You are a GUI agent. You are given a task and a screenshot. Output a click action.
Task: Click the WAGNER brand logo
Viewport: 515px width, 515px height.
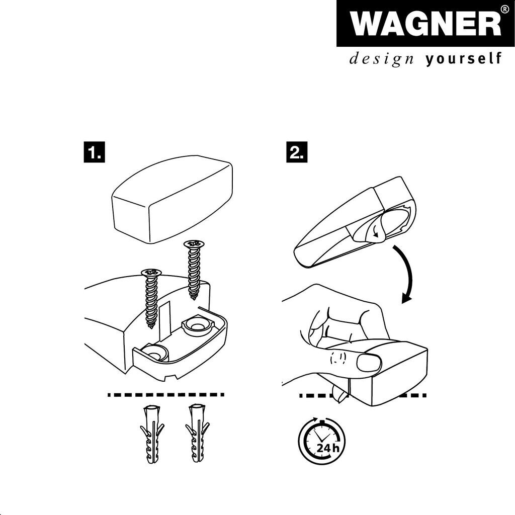tap(425, 23)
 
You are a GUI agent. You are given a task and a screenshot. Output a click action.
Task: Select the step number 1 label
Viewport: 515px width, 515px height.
tap(94, 152)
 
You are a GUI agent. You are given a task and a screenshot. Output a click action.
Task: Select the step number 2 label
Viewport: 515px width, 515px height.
tap(297, 152)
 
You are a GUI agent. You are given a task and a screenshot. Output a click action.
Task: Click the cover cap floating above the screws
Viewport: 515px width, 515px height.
tap(173, 199)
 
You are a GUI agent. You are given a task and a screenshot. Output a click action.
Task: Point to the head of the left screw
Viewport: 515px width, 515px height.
tap(151, 272)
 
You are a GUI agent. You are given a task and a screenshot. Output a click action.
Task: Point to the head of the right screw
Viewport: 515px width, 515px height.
tap(194, 244)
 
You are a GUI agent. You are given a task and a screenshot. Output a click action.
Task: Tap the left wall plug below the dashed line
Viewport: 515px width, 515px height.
tap(152, 434)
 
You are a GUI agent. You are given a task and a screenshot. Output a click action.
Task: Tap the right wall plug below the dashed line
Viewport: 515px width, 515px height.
tap(197, 434)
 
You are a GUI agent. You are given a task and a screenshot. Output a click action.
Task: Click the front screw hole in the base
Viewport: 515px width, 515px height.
tap(154, 353)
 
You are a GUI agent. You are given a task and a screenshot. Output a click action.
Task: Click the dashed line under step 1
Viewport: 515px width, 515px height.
tap(166, 394)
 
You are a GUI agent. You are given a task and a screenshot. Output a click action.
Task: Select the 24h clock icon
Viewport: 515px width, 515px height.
tap(321, 441)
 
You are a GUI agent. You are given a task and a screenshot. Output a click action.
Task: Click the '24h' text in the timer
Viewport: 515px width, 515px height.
tap(327, 448)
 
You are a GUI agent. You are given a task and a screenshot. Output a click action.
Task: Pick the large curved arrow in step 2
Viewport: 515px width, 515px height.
tap(406, 273)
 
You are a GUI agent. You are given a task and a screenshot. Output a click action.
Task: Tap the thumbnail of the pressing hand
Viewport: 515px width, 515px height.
tap(369, 362)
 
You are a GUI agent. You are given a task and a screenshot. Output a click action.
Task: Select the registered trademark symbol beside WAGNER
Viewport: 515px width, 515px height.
tap(505, 9)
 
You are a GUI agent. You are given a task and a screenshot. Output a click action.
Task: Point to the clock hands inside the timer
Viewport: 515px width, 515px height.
tap(319, 437)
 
